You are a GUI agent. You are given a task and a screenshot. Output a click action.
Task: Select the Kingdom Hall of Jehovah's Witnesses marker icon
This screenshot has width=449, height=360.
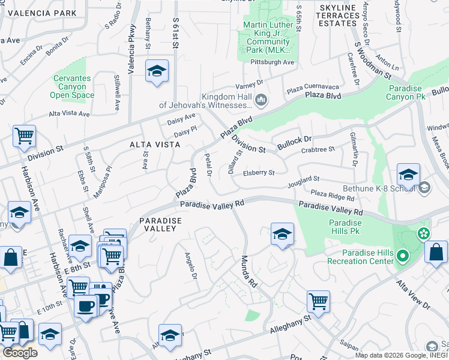pyautogui.click(x=261, y=100)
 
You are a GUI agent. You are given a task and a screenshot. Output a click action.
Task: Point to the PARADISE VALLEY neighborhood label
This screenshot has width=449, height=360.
pyautogui.click(x=160, y=225)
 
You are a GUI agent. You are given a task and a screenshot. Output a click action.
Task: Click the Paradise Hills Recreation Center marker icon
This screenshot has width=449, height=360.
pyautogui.click(x=402, y=257)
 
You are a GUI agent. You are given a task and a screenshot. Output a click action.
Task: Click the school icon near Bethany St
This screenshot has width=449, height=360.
pyautogui.click(x=157, y=71)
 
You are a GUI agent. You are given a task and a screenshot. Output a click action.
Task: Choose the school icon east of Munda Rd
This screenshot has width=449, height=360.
pyautogui.click(x=282, y=233)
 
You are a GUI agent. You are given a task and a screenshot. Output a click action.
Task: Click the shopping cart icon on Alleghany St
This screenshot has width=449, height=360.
pyautogui.click(x=318, y=301)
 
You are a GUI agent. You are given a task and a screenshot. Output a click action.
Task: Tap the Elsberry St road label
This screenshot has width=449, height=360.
pyautogui.click(x=259, y=173)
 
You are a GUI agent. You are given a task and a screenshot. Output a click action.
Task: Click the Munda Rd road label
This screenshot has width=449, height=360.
pyautogui.click(x=249, y=271)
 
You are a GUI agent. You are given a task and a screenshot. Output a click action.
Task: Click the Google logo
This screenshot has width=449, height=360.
pyautogui.click(x=20, y=353)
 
